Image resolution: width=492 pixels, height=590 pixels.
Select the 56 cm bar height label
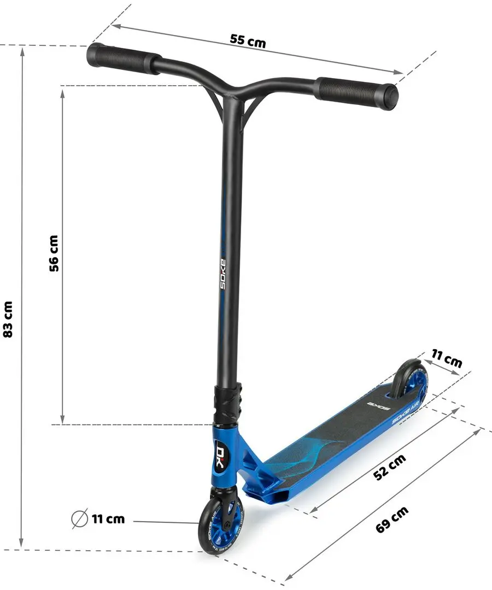tap(54, 253)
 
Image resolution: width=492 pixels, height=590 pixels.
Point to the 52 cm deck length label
tap(389, 467)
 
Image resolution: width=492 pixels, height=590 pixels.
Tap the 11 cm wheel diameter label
tap(108, 518)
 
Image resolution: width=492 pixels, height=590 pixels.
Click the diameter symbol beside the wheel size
tap(80, 518)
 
